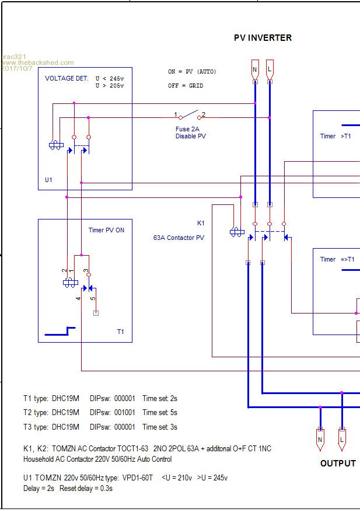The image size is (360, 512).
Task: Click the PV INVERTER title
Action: (263, 38)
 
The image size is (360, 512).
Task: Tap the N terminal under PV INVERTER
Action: (255, 70)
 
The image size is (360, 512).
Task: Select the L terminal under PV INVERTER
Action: (270, 70)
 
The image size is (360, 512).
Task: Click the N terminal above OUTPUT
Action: (320, 440)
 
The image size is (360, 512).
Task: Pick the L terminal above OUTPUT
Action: (342, 440)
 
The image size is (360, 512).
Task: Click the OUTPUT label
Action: (338, 464)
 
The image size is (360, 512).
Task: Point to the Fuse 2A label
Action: (187, 129)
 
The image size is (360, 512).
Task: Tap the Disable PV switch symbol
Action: (190, 115)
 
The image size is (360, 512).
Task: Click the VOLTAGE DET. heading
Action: (67, 78)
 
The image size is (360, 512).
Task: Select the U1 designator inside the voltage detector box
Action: (48, 180)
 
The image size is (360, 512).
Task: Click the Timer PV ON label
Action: (106, 230)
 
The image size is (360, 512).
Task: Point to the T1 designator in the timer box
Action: (120, 332)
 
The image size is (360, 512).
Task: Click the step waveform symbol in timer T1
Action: (60, 331)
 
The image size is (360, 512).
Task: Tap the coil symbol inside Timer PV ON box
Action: (71, 283)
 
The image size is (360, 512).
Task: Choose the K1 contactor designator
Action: (201, 224)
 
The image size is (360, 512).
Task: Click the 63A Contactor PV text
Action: (179, 238)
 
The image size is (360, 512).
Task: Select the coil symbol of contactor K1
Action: (237, 232)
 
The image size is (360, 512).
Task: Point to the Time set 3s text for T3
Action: (160, 427)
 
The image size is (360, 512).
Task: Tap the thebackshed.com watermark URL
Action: (37, 62)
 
